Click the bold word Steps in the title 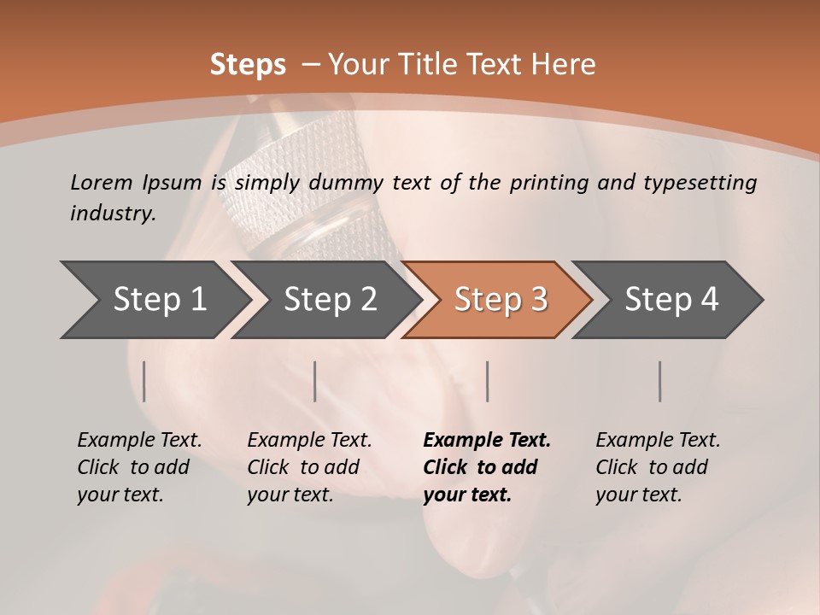[x=248, y=65]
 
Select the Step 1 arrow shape [x=154, y=300]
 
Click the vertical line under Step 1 [x=144, y=381]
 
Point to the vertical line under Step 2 [x=315, y=381]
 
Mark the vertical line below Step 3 [x=487, y=381]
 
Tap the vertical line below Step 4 [x=659, y=381]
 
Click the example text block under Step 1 [x=139, y=467]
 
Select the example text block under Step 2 [x=309, y=467]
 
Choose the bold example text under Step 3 [x=486, y=467]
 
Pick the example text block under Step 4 [x=658, y=467]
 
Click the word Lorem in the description [x=101, y=182]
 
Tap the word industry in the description [x=113, y=214]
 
